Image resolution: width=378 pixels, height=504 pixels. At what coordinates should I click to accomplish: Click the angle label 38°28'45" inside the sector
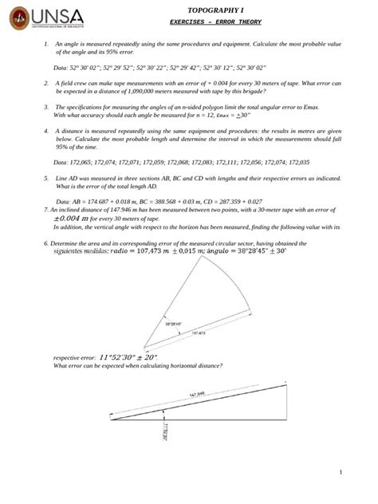pos(174,323)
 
